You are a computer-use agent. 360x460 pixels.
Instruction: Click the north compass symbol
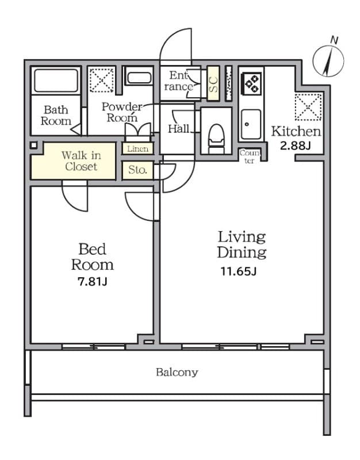pos(328,61)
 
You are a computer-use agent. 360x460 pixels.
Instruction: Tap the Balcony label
pos(177,372)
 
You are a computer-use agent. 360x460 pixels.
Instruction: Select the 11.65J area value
pos(238,271)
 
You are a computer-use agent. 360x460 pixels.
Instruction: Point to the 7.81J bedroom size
pos(92,282)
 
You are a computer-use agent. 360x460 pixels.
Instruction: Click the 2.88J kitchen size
pos(295,145)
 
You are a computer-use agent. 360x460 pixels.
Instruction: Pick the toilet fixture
pos(216,139)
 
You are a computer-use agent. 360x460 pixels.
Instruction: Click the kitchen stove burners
pos(251,83)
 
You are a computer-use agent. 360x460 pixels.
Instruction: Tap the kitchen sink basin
pos(251,124)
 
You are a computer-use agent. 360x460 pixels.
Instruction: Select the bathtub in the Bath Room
pos(56,80)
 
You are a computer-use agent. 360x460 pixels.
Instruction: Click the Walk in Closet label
pos(81,161)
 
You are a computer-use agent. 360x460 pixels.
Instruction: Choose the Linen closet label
pos(137,149)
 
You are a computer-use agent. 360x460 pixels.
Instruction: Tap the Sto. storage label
pos(137,170)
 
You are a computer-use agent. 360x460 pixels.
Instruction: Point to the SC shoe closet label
pos(213,84)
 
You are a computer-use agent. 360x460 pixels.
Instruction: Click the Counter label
pos(250,156)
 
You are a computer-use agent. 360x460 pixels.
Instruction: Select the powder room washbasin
pos(139,78)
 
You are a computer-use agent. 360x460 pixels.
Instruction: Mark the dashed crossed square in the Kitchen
pos(308,107)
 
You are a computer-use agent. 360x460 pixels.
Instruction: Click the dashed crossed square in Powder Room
pos(102,80)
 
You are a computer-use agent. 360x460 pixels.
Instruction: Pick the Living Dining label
pos(242,245)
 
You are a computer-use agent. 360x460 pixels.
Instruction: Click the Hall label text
pos(179,129)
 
